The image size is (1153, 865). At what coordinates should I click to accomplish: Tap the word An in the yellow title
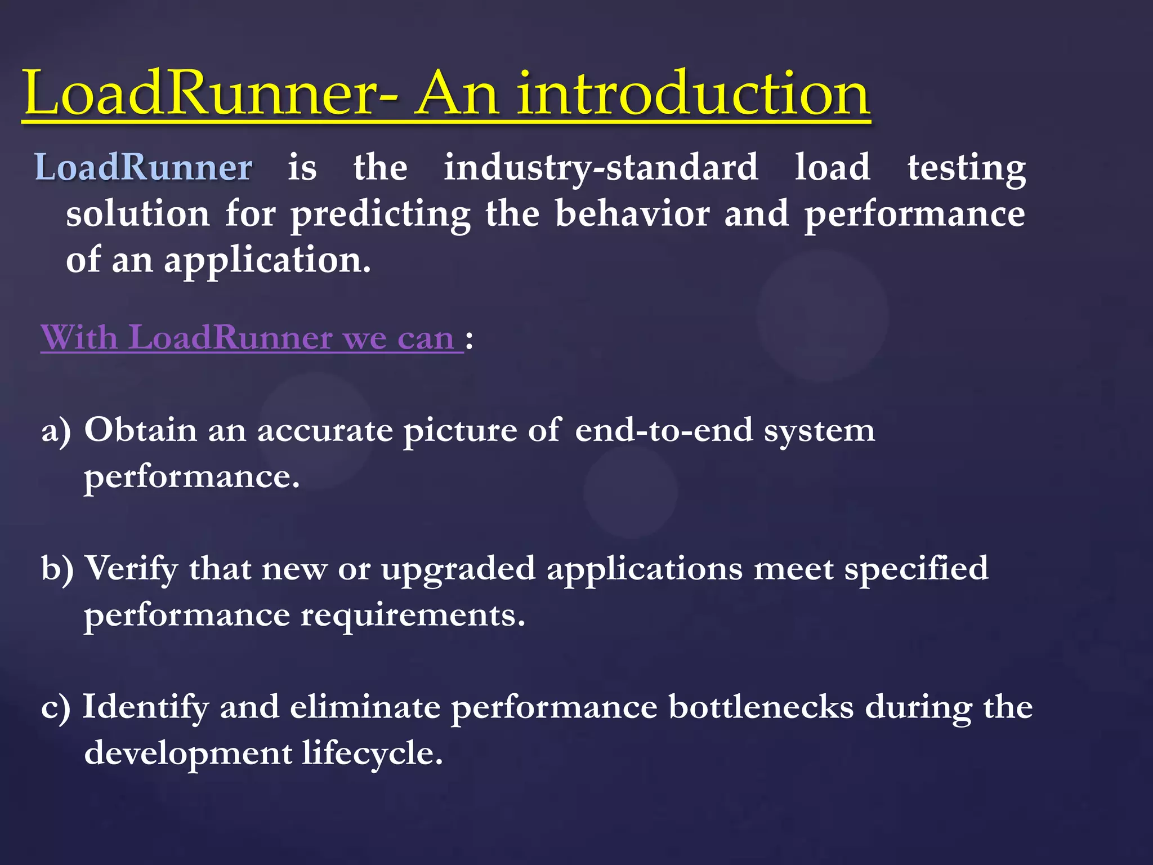456,93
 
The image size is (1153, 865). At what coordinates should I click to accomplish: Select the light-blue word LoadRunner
144,167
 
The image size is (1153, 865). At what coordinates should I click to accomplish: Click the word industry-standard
601,168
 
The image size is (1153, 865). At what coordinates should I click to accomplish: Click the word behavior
632,213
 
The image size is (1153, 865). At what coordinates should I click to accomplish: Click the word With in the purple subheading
79,337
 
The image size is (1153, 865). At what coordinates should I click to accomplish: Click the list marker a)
56,431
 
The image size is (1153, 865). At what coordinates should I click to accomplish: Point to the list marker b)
57,568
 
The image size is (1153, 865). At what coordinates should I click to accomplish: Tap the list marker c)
56,707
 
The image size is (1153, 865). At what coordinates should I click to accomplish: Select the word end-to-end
664,430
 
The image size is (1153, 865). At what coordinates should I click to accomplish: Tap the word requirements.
413,616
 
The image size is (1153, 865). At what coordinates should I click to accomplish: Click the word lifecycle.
372,753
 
